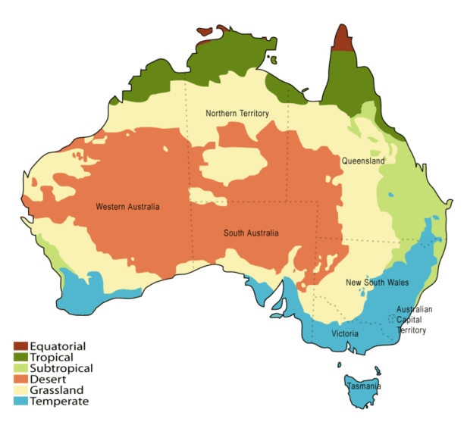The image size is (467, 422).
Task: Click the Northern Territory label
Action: (237, 113)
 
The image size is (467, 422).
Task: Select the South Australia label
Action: (251, 233)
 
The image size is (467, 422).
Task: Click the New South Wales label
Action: (377, 283)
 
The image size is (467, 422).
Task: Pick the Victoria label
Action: (345, 333)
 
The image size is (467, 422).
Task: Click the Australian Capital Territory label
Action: (415, 320)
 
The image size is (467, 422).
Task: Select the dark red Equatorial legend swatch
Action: (20, 346)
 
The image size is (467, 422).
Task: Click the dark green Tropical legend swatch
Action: (20, 357)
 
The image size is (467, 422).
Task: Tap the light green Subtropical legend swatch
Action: (20, 368)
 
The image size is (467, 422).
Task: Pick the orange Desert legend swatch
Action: (20, 379)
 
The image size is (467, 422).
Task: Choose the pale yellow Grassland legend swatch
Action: (20, 390)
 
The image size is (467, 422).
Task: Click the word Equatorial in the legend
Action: (58, 346)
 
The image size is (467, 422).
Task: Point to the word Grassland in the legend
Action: (58, 390)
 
